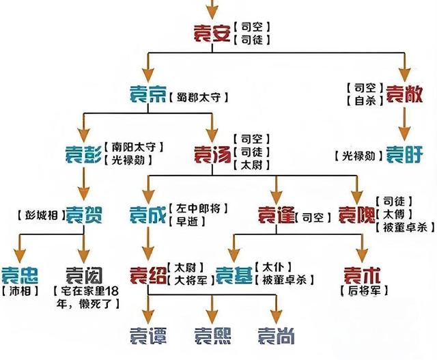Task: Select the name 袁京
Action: point(147,96)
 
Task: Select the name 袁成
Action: point(148,216)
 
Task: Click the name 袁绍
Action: point(148,275)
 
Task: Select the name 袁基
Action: point(234,275)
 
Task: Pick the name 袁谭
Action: point(148,336)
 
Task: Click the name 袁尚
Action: point(276,336)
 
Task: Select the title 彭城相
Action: point(38,217)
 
